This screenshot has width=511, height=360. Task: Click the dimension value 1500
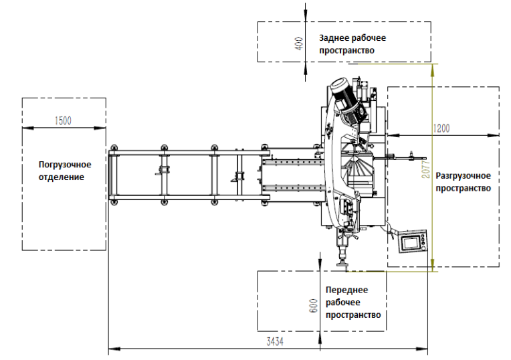[63, 120]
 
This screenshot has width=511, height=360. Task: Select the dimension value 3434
[275, 342]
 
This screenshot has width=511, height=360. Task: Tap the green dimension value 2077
[426, 169]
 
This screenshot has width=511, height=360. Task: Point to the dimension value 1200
[441, 128]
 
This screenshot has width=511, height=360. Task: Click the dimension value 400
[299, 43]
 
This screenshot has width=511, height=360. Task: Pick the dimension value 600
[313, 306]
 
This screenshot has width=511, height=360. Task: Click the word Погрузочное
[65, 165]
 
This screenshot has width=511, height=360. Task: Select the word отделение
[62, 177]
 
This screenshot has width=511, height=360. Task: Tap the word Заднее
[334, 38]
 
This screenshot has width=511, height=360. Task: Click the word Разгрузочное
[463, 176]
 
